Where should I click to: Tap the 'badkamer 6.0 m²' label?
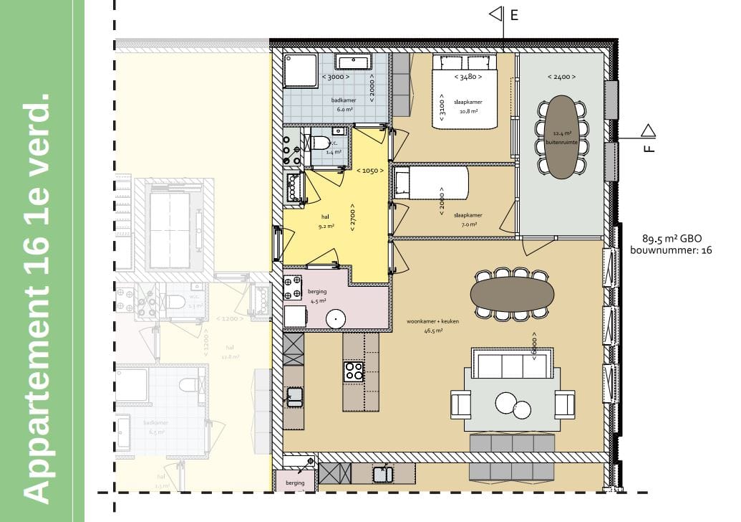tap(344, 105)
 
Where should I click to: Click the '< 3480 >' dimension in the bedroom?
tap(465, 76)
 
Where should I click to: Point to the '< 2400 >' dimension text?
tap(561, 77)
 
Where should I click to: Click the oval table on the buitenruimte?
tap(562, 136)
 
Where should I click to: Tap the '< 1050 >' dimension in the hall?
tap(371, 171)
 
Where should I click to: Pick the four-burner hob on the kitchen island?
tap(354, 371)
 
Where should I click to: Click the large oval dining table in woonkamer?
tap(512, 294)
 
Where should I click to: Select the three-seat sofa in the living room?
tap(512, 364)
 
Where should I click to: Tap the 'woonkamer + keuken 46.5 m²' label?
tap(432, 326)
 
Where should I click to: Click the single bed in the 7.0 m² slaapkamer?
tap(430, 183)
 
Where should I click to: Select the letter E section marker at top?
tap(513, 14)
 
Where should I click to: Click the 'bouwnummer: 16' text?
tap(671, 250)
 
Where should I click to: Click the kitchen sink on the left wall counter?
tap(294, 395)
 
